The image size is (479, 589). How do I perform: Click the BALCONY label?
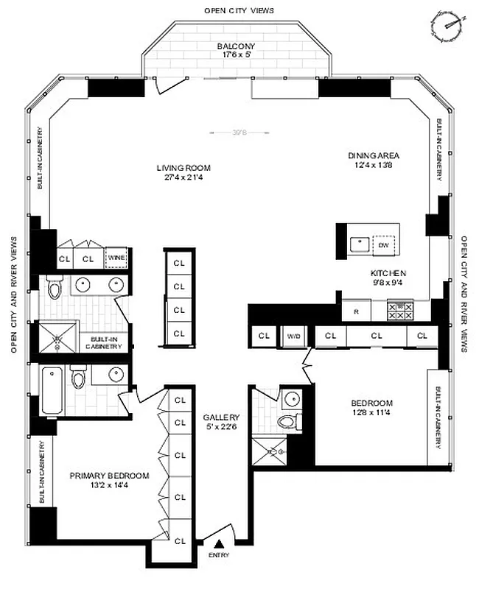(237, 46)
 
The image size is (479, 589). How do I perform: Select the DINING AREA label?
(374, 155)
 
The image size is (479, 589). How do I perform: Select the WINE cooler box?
(116, 258)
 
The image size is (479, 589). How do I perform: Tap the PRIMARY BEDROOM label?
(109, 476)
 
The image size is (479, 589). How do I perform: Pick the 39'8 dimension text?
(238, 133)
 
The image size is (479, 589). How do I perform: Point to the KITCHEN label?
(388, 273)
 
